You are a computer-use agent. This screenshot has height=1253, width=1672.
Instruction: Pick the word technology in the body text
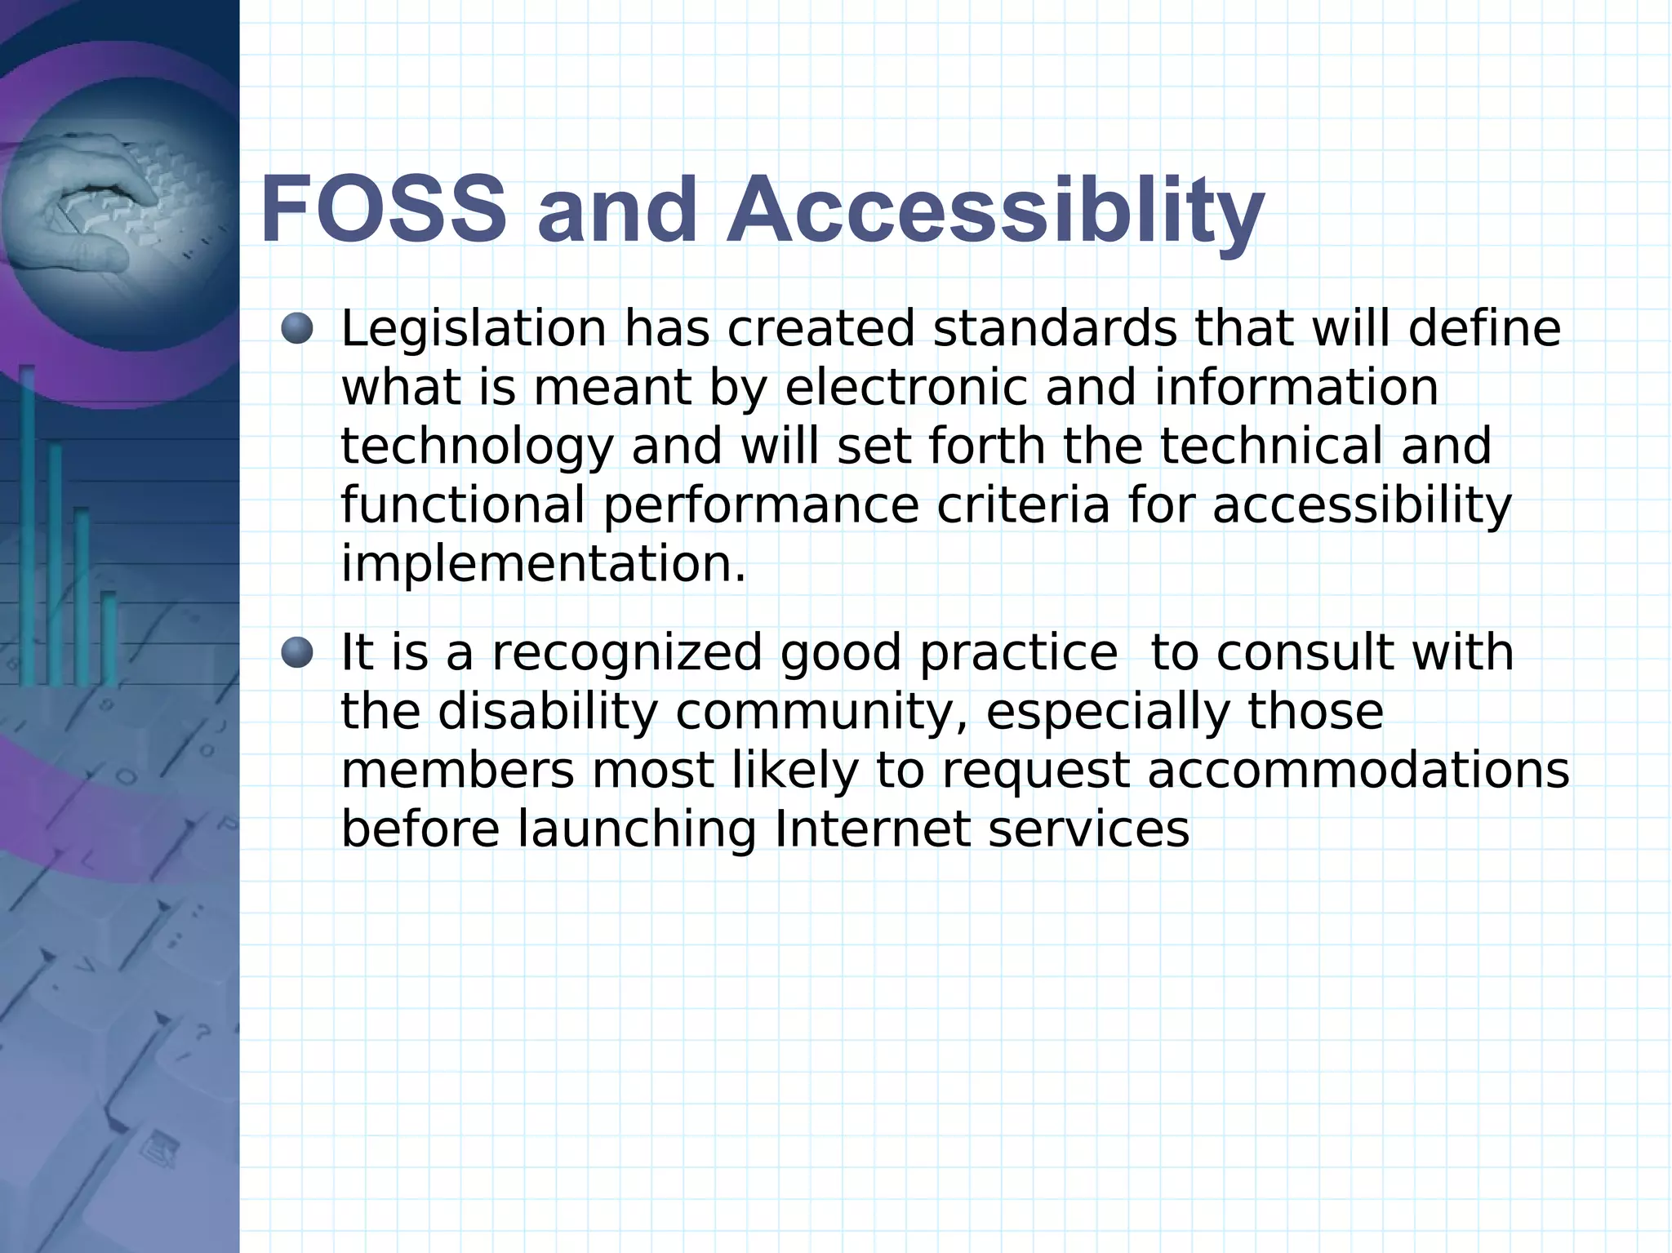[x=477, y=447]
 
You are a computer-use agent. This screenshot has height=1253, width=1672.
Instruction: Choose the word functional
[x=462, y=504]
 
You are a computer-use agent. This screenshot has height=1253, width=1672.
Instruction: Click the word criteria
[x=1023, y=504]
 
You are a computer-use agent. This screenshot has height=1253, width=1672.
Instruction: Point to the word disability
[x=547, y=712]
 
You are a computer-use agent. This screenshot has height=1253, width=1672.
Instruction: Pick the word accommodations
[x=1358, y=771]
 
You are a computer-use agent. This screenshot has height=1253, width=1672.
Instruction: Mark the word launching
[x=637, y=829]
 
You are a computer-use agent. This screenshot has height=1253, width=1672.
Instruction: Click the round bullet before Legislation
[x=297, y=328]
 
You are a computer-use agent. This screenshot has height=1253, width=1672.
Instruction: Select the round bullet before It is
[x=297, y=653]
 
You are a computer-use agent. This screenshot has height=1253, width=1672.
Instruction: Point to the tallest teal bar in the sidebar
[x=27, y=522]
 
